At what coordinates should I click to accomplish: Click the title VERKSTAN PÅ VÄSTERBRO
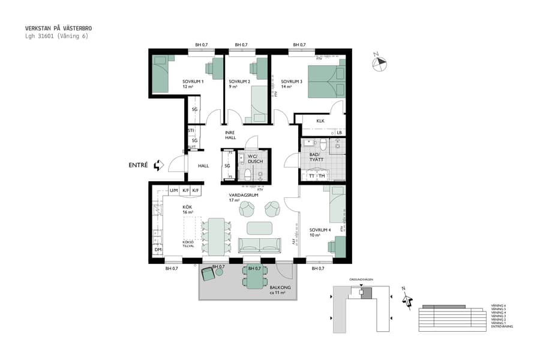pos(58,28)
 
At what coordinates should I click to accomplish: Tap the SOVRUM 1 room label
pos(193,82)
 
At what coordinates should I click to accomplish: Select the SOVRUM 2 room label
pos(239,82)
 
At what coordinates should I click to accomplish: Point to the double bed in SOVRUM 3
pos(326,79)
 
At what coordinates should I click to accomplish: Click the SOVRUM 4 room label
pos(320,230)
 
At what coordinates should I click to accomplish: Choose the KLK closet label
pos(320,121)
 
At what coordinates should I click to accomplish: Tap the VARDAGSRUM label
pos(244,196)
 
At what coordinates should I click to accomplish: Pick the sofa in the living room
pos(260,245)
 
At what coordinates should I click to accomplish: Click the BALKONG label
pos(280,288)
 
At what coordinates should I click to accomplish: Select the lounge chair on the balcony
pos(208,274)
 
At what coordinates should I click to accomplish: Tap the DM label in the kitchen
pos(158,250)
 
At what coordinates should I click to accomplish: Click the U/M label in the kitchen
pos(173,190)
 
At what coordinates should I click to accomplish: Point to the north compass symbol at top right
pos(380,63)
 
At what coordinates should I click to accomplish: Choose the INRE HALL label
pos(231,135)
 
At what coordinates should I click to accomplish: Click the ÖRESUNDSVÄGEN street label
pos(361,280)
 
